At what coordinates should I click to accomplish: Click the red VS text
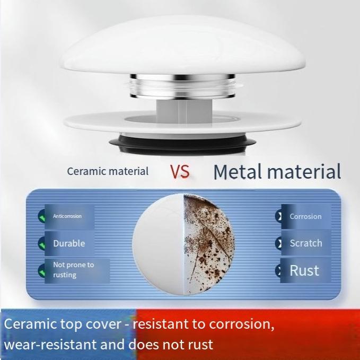point(180,171)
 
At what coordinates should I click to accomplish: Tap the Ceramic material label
point(108,171)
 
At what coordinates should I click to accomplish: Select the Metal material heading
point(277,171)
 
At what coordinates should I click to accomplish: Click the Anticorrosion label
point(67,216)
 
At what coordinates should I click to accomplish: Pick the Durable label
point(69,243)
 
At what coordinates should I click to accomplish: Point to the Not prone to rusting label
point(74,270)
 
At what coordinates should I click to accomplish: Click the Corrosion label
point(305,216)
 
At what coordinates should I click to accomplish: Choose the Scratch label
point(306,243)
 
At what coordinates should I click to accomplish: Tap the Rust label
point(304,270)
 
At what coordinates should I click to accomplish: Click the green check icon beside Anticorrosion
point(41,216)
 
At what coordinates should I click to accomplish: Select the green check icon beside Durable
point(41,243)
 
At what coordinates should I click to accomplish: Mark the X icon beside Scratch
point(278,243)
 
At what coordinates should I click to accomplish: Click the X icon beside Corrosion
point(278,216)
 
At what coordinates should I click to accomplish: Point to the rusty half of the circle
point(208,244)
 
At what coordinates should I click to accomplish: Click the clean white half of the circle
point(159,244)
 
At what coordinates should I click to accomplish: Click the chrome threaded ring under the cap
point(182,86)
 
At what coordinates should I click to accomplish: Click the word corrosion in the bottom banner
point(241,324)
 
